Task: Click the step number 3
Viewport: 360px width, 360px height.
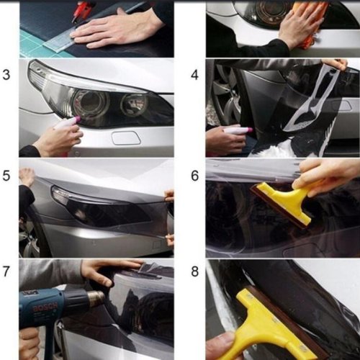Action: click(x=6, y=75)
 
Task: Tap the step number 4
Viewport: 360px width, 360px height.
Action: click(x=195, y=75)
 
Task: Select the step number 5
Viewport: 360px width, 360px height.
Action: click(x=6, y=176)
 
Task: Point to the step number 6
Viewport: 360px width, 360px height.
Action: click(x=195, y=176)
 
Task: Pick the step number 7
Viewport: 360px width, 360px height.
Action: click(x=6, y=271)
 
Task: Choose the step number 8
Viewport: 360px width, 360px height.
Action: click(x=195, y=271)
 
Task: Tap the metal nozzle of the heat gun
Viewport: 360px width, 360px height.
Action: click(x=96, y=298)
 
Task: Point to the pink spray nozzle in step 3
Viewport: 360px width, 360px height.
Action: click(x=78, y=118)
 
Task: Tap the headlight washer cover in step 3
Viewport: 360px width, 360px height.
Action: click(x=126, y=138)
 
